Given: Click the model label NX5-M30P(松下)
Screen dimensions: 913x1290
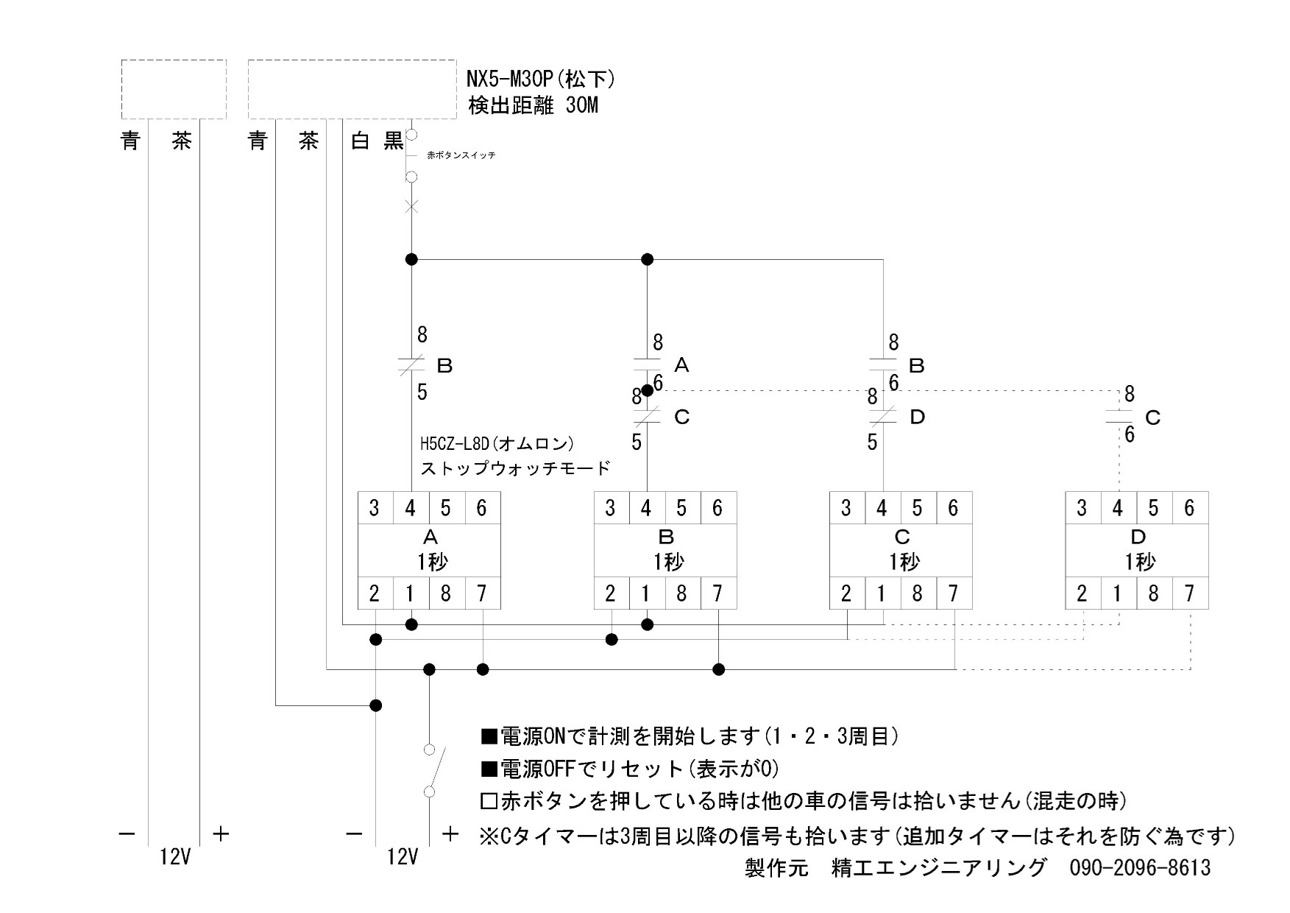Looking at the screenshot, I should click(x=541, y=78).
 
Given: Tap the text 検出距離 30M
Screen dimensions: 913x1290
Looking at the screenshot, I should click(x=534, y=106).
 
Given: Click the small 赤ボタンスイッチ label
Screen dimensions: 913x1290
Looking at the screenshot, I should click(x=461, y=155).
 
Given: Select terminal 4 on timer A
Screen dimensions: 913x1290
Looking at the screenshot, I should click(x=411, y=508).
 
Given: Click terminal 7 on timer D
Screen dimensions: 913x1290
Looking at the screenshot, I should click(x=1189, y=593).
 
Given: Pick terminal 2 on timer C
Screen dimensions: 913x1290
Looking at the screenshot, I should click(x=846, y=593).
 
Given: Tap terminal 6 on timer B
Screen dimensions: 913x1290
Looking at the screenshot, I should click(x=717, y=508).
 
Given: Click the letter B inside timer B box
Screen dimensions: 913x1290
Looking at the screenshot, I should click(x=665, y=537).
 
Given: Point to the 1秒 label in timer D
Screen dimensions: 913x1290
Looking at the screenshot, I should click(x=1138, y=563).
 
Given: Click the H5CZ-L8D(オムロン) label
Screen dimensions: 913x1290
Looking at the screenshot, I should click(x=497, y=444).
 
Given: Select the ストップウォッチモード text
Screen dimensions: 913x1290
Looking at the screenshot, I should click(x=515, y=468).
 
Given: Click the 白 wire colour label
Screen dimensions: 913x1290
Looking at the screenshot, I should click(x=360, y=141).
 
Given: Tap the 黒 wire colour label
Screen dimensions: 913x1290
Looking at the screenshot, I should click(x=394, y=141).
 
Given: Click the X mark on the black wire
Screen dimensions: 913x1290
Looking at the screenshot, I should click(x=411, y=206).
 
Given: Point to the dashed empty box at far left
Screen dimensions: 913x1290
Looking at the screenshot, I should click(x=174, y=89).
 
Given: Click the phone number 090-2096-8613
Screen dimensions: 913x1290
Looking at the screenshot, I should click(x=1139, y=867).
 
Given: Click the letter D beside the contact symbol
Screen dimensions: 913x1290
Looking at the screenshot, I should click(x=917, y=417).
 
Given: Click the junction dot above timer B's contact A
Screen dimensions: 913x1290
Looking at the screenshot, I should click(x=648, y=259).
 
